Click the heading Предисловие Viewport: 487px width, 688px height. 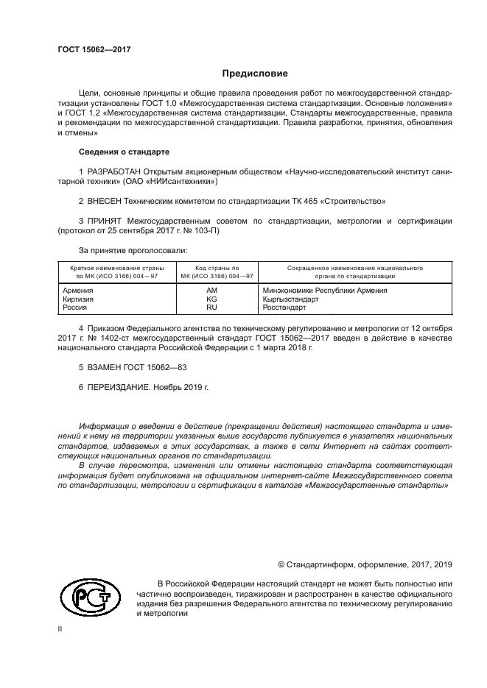click(x=255, y=74)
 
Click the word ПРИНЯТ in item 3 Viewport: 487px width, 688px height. click(x=107, y=220)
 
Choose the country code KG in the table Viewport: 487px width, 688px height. click(x=211, y=299)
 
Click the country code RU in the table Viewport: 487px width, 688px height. click(x=211, y=308)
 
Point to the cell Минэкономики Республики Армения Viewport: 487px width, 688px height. click(x=325, y=291)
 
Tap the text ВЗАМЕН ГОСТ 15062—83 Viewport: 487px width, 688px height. click(x=138, y=366)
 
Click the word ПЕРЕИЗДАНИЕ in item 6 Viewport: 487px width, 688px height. click(x=120, y=386)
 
